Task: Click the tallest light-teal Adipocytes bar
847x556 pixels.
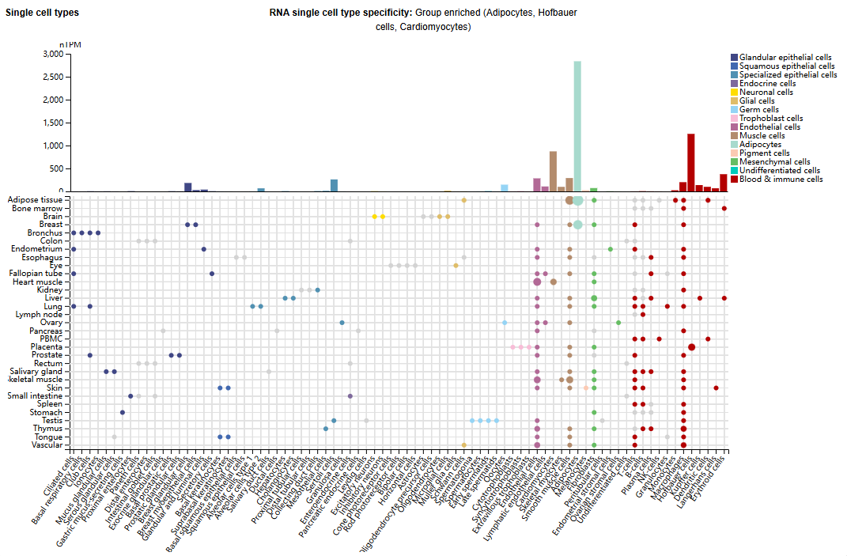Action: tap(577, 127)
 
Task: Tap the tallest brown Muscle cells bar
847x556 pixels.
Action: tap(553, 171)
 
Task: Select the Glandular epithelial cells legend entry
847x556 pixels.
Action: tap(785, 58)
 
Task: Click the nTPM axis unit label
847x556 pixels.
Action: tap(70, 45)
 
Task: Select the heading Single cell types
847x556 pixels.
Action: tap(42, 13)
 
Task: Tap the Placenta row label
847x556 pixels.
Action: tap(46, 347)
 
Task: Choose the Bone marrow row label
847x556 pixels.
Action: tap(36, 208)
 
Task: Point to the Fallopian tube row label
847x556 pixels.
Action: tap(36, 274)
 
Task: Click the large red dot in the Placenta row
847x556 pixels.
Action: tap(691, 347)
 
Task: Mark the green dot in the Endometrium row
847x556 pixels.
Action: tap(610, 249)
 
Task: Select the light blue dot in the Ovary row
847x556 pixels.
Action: tap(504, 323)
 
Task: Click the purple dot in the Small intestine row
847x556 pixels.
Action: tap(350, 396)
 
